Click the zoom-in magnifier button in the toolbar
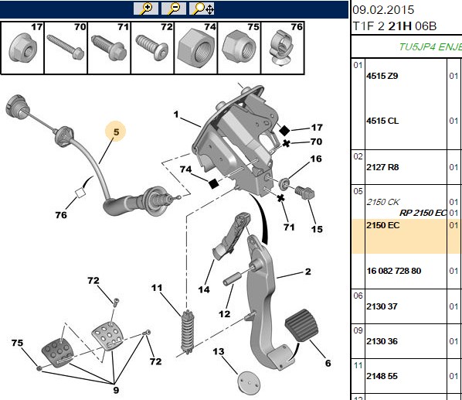(x=146, y=9)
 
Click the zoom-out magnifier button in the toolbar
(x=174, y=9)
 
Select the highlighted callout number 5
(x=116, y=132)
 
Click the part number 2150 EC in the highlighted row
(x=382, y=225)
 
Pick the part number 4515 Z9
(x=382, y=76)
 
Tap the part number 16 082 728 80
(x=394, y=271)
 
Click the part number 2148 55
(x=382, y=376)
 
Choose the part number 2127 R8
(x=382, y=167)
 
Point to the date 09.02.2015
(x=383, y=10)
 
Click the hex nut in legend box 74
(x=195, y=48)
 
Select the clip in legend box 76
(x=282, y=47)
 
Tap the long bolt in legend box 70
(x=66, y=46)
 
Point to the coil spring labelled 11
(x=188, y=331)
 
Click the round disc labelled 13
(x=249, y=382)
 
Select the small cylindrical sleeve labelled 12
(x=233, y=280)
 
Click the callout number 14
(x=204, y=289)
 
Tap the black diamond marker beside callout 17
(x=284, y=131)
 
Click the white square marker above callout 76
(x=80, y=193)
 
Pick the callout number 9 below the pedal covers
(x=116, y=390)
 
